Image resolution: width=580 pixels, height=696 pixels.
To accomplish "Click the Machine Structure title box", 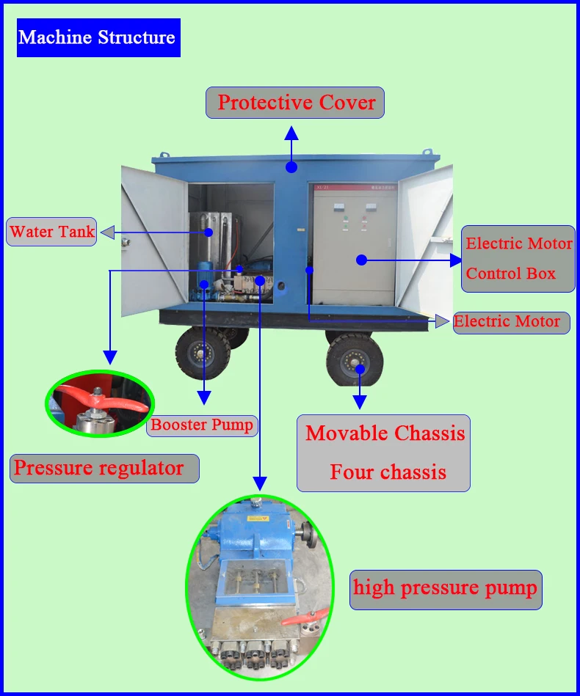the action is pos(98,37).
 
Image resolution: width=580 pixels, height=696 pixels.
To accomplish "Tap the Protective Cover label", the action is pos(295,103).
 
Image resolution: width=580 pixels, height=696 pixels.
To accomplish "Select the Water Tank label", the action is pos(51,232).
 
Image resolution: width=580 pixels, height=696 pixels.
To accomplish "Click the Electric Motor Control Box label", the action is pos(518,259).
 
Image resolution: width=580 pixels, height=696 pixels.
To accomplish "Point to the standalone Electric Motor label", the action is pos(511,322).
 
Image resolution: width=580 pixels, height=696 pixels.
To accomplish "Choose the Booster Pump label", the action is pos(202,425).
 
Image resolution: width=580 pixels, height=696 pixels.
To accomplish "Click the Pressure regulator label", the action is pos(104,469).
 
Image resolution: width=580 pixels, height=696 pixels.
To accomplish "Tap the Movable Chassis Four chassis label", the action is pos(383,453).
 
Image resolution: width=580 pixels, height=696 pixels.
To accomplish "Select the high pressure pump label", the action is pos(446,590).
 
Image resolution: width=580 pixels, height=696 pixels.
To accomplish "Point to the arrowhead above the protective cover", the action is pos(291,133).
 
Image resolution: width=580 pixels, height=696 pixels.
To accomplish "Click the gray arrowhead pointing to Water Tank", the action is pos(107,232).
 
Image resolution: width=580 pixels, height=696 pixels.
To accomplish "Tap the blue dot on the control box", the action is pos(362,260).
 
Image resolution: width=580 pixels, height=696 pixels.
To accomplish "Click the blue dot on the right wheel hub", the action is pos(360,370).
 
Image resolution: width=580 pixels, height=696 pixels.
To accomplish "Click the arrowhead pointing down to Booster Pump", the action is pos(204,398).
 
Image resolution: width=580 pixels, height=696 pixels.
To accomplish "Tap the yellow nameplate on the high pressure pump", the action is pos(258,519).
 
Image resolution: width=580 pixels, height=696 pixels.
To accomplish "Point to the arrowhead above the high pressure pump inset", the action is pos(260,484).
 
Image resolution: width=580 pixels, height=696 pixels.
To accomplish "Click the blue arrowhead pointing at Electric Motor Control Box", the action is pos(456,260).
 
